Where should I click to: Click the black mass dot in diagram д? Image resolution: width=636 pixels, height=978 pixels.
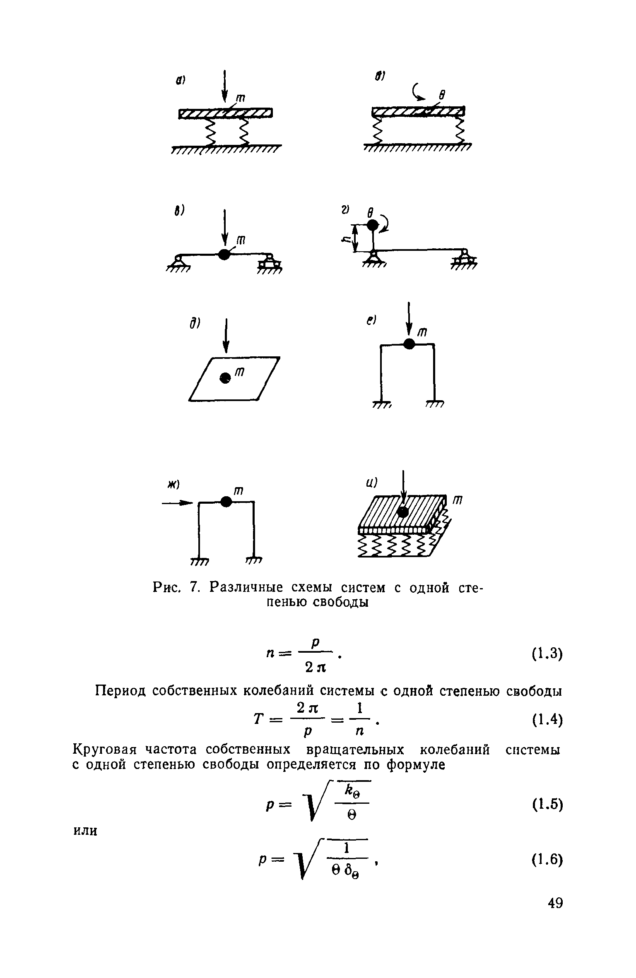point(225,377)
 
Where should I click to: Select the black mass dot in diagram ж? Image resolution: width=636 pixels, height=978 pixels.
point(226,502)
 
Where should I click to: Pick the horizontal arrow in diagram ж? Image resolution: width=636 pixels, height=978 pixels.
point(177,503)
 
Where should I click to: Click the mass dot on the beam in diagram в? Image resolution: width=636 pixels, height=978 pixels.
point(224,254)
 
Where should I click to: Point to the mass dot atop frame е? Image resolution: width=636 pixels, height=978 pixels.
point(409,344)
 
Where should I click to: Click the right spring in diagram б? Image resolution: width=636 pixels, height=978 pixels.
point(460,132)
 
